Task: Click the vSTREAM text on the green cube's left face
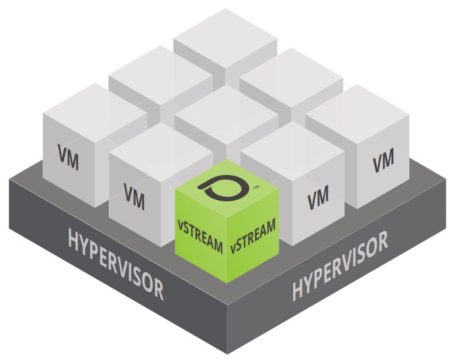pos(199,238)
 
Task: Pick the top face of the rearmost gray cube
pos(225,42)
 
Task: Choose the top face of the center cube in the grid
pos(226,113)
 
